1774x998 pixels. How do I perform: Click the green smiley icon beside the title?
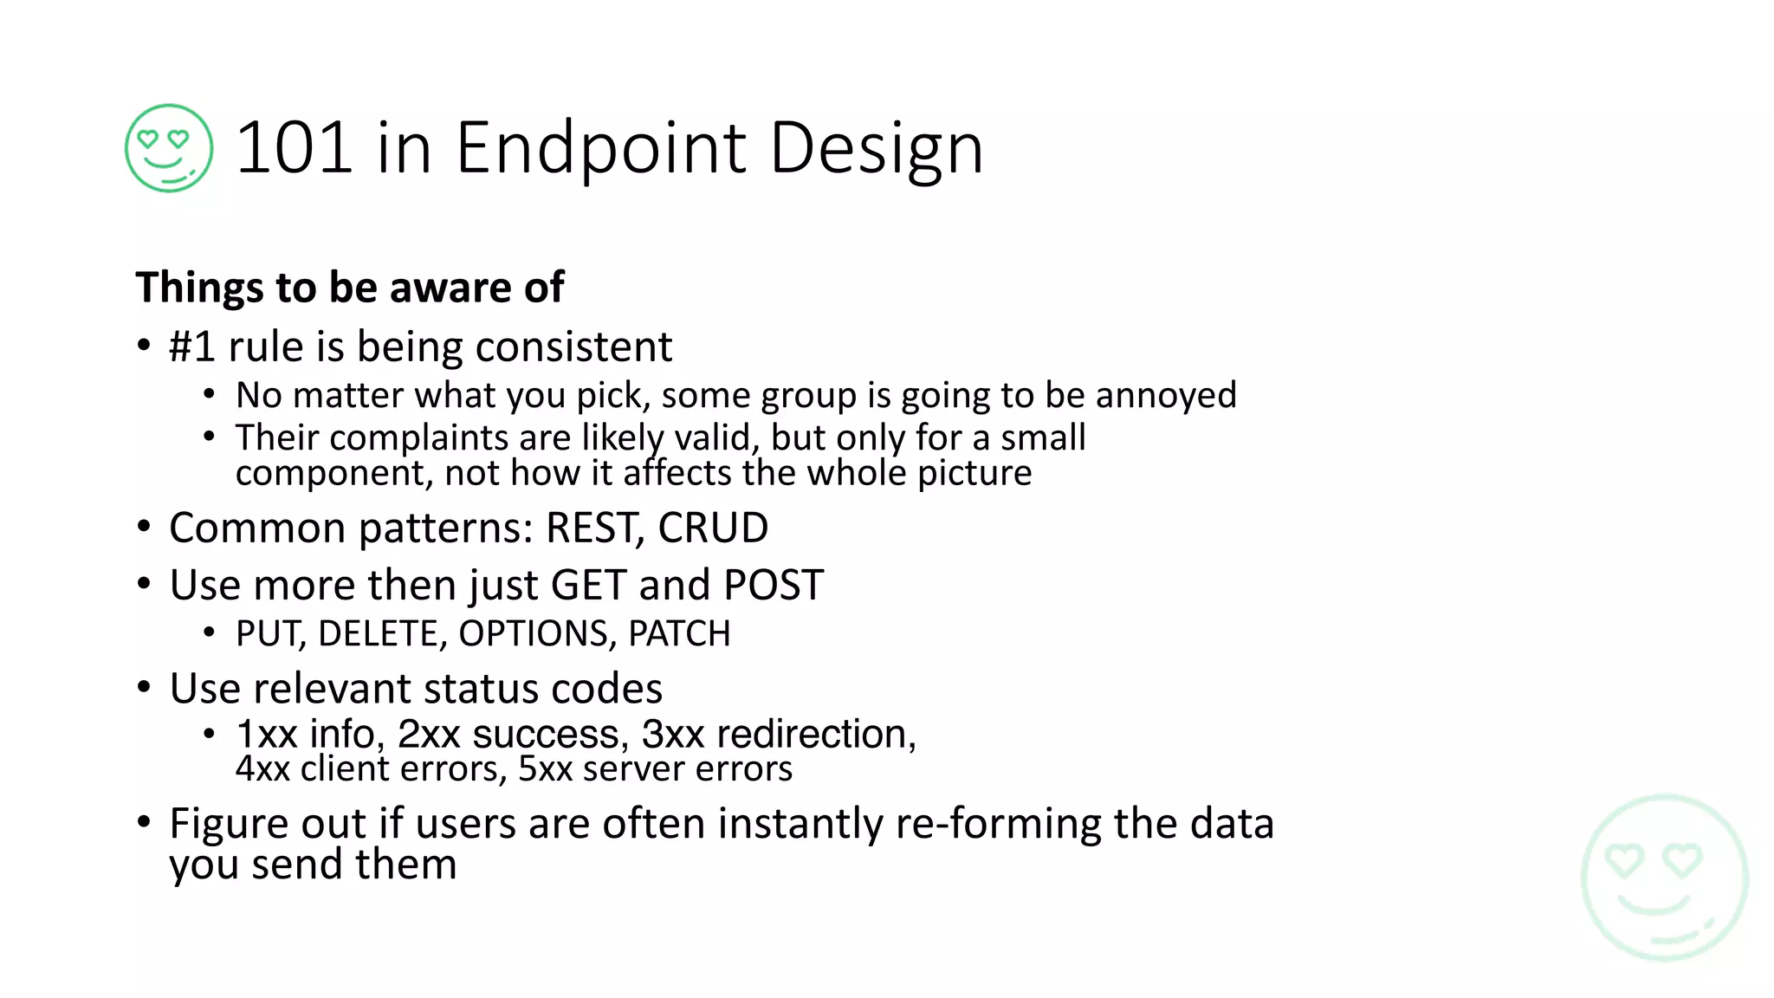pyautogui.click(x=169, y=148)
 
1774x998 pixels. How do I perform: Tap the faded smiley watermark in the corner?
pyautogui.click(x=1664, y=878)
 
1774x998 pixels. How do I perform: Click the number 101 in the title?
pyautogui.click(x=294, y=148)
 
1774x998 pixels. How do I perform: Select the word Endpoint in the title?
pyautogui.click(x=600, y=148)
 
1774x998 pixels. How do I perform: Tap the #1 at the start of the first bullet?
pyautogui.click(x=191, y=347)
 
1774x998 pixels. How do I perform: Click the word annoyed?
pyautogui.click(x=1165, y=396)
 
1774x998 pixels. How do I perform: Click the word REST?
pyautogui.click(x=594, y=528)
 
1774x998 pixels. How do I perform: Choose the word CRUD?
pyautogui.click(x=713, y=528)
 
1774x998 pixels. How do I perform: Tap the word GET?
pyautogui.click(x=588, y=586)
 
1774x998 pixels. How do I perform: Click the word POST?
pyautogui.click(x=774, y=586)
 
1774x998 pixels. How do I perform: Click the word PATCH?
pyautogui.click(x=679, y=634)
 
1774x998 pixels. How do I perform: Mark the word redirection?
pyautogui.click(x=816, y=735)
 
